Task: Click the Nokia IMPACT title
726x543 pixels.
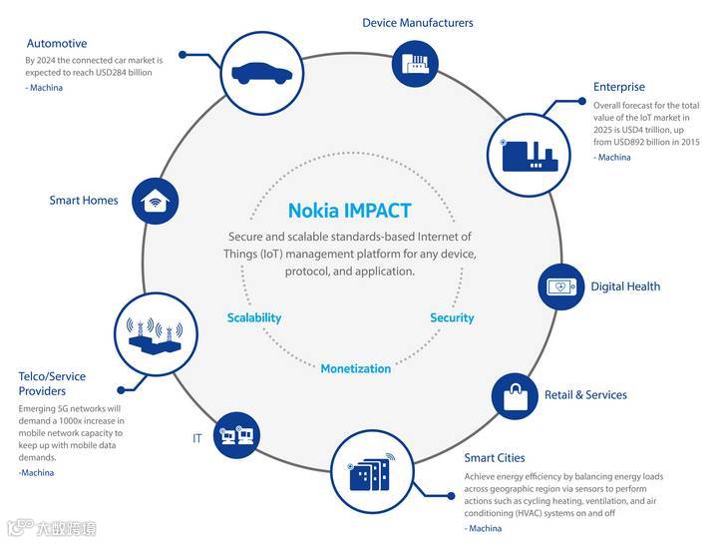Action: click(x=349, y=211)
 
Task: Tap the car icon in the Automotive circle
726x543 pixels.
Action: click(x=261, y=73)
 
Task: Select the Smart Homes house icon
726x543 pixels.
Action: click(x=154, y=201)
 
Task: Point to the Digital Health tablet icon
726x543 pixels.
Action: click(x=563, y=287)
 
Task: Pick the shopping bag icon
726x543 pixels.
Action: click(x=515, y=396)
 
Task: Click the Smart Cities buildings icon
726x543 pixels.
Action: click(x=371, y=471)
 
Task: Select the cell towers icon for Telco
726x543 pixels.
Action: click(x=151, y=333)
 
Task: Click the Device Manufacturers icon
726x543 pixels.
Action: click(x=418, y=65)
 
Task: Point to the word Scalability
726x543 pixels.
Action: click(x=254, y=317)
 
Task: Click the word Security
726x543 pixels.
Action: click(x=452, y=317)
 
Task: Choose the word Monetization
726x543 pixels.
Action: click(x=356, y=368)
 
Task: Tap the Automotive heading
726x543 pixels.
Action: click(x=57, y=44)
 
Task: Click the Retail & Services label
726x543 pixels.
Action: click(x=585, y=395)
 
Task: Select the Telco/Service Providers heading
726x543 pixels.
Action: click(x=52, y=383)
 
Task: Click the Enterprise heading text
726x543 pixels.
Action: click(x=619, y=87)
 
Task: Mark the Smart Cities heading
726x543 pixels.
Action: click(x=495, y=458)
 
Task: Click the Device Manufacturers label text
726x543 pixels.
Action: click(x=418, y=22)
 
